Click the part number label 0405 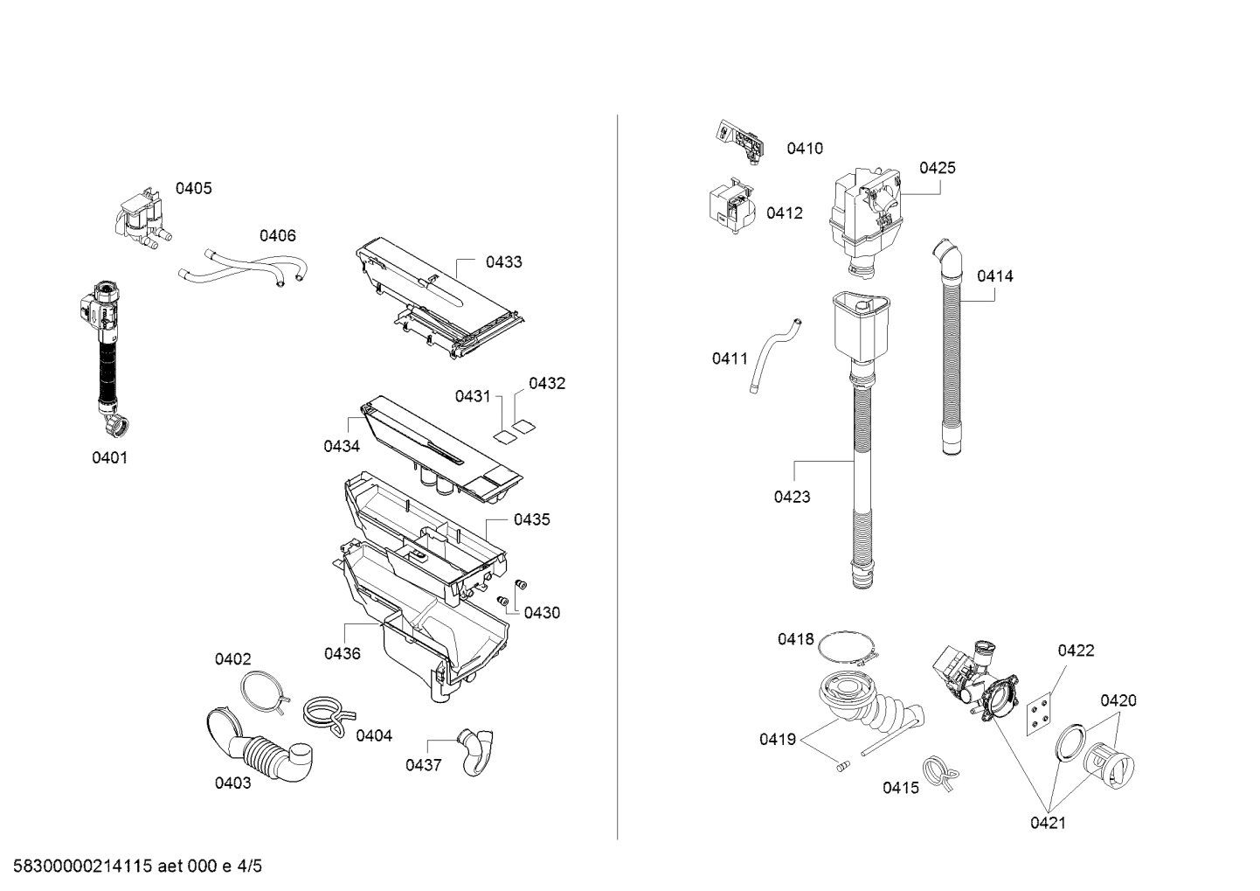pos(193,188)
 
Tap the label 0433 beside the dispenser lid pos(504,261)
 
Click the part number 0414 pos(995,275)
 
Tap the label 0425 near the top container pos(938,168)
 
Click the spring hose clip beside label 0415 pos(940,773)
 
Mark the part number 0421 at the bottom pos(1049,823)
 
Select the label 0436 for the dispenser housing pos(343,653)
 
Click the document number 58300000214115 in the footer pos(83,866)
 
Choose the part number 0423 pos(792,497)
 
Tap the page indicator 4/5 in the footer pos(249,866)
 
